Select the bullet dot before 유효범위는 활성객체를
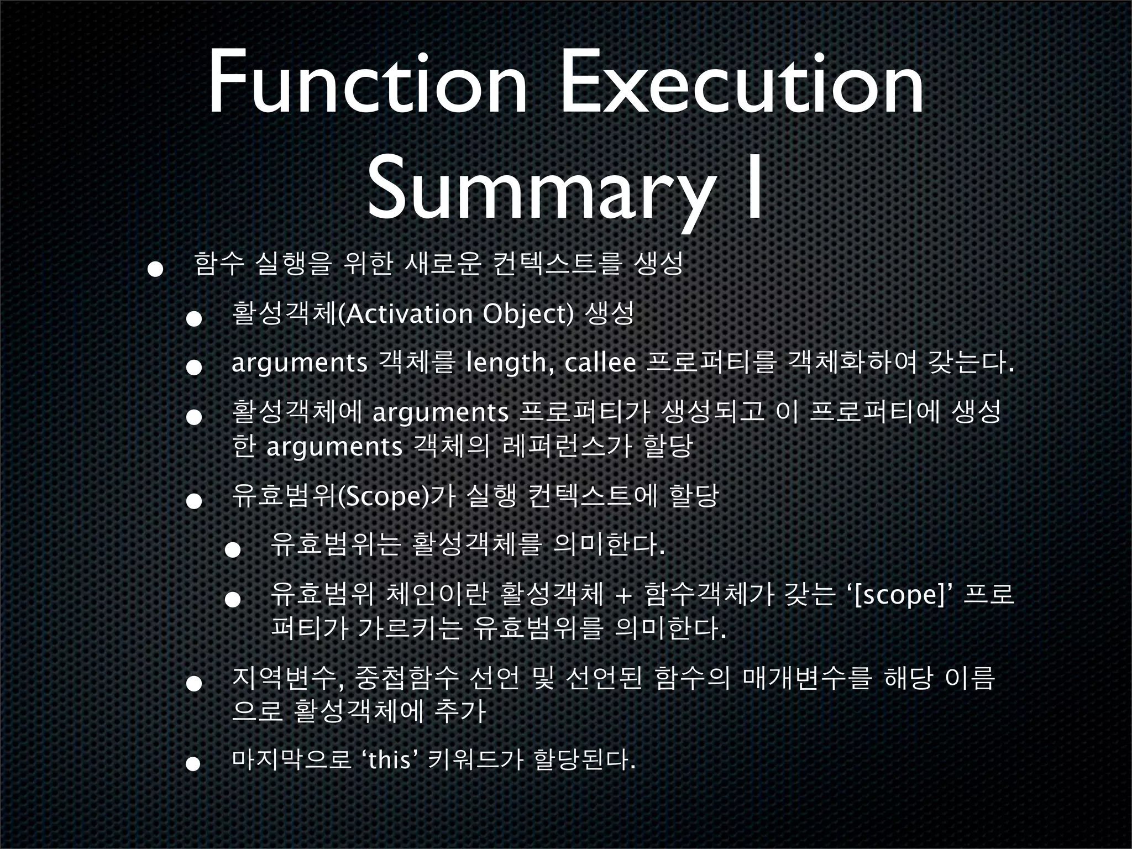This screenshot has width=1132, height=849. tap(232, 551)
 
